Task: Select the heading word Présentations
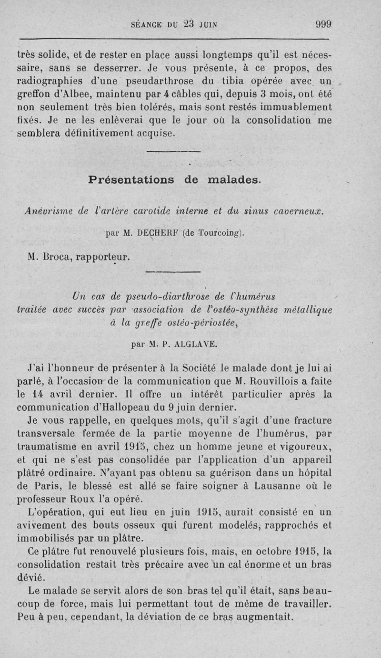[131, 180]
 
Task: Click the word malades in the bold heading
[235, 180]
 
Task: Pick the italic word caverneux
[298, 210]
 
